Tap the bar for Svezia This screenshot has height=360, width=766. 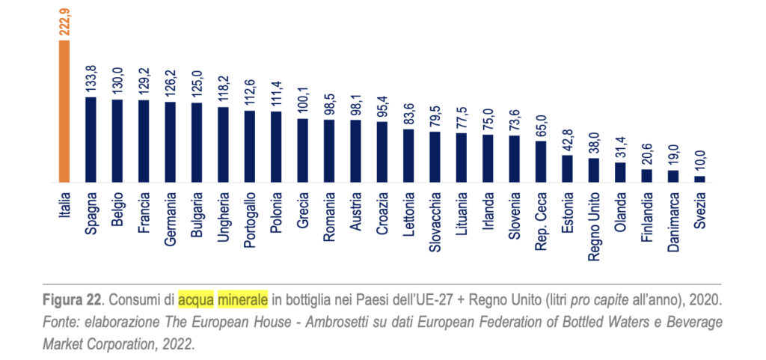point(699,179)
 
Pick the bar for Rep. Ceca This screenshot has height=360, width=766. point(541,162)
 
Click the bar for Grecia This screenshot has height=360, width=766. point(302,150)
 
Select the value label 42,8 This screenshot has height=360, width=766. point(567,139)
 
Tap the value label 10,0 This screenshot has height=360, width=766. point(699,162)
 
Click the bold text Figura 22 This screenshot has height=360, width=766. point(73,301)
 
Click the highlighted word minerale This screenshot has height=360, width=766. point(242,301)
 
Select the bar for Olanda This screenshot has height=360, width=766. point(620,172)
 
